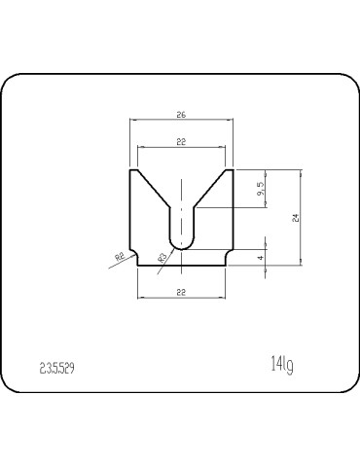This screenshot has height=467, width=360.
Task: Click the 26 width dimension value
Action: pos(181,115)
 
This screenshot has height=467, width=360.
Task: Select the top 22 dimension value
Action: pos(181,142)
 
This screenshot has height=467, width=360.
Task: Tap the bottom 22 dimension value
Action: pos(181,292)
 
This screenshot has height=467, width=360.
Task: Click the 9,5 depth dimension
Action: pos(261,189)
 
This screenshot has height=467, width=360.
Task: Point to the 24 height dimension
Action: pos(295,218)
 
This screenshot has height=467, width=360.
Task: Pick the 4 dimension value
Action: pos(261,258)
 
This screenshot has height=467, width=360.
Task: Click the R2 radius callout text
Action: pos(120,257)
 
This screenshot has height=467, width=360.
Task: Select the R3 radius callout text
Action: pos(162,258)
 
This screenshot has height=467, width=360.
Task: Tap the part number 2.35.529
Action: pos(57,369)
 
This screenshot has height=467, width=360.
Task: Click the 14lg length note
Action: pos(282,365)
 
